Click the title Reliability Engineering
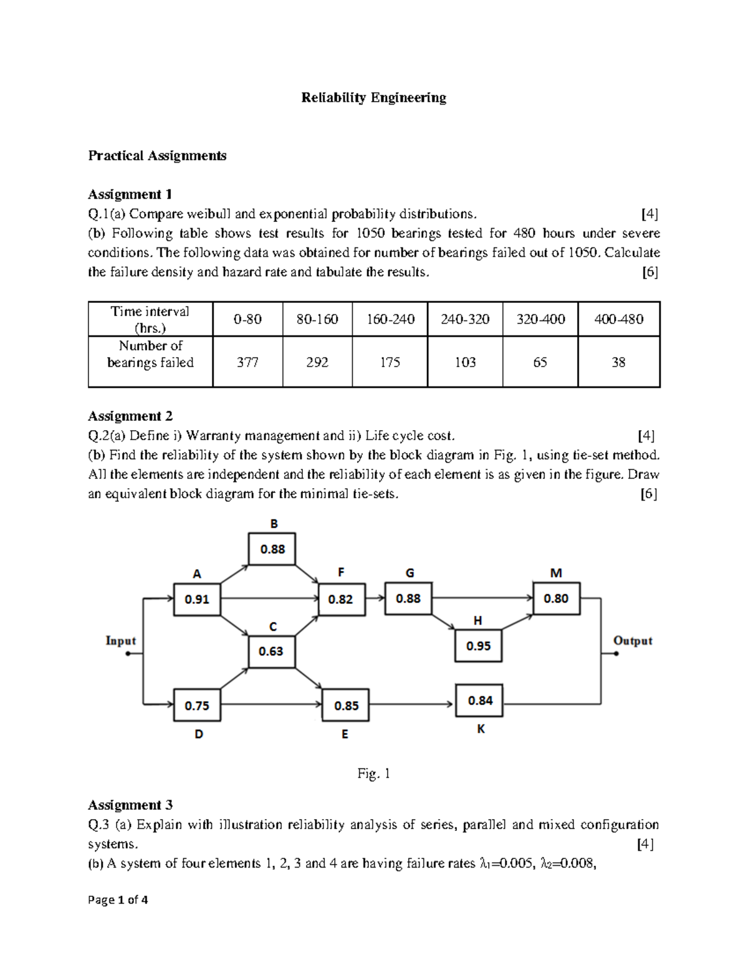coord(373,98)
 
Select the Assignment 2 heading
coord(130,416)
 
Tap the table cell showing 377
coord(247,362)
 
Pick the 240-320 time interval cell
coord(464,319)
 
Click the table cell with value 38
coord(618,362)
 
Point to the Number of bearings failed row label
coord(150,354)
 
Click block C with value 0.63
coord(271,651)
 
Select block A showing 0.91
coord(197,599)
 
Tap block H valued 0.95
coord(478,646)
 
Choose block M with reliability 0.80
coord(556,598)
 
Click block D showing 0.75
coord(197,706)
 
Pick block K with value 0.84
coord(479,701)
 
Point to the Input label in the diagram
coord(120,641)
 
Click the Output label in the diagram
coord(632,641)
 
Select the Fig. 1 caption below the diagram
coord(373,774)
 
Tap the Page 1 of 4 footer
coord(118,900)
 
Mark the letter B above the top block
coord(274,524)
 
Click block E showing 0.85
coord(346,706)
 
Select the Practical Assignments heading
coord(157,155)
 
